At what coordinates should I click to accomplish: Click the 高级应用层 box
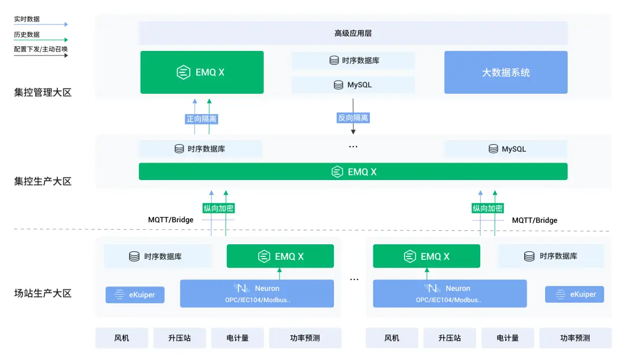click(x=353, y=34)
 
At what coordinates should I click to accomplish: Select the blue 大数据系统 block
click(x=506, y=72)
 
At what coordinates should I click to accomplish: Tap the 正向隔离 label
click(x=201, y=119)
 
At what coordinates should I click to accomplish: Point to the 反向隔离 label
click(x=353, y=118)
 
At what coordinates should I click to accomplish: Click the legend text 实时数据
click(x=27, y=19)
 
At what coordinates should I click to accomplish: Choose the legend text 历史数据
click(x=27, y=35)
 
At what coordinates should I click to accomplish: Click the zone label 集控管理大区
click(x=43, y=92)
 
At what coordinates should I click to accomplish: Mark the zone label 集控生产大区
click(x=43, y=181)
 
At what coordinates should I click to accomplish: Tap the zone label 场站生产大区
click(x=43, y=293)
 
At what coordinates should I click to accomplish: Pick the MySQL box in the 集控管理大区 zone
click(x=353, y=85)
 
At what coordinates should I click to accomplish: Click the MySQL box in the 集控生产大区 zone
click(x=506, y=149)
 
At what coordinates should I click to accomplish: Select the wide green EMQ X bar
click(x=353, y=172)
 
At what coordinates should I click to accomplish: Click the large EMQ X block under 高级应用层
click(x=201, y=72)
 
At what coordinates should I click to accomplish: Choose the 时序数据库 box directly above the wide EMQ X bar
click(x=200, y=149)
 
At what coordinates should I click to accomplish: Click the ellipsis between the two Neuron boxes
click(x=354, y=280)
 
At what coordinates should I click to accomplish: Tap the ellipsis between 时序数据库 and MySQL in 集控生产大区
click(x=353, y=147)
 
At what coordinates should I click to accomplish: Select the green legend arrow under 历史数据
click(x=41, y=41)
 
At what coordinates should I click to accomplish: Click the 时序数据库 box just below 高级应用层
click(x=353, y=60)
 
